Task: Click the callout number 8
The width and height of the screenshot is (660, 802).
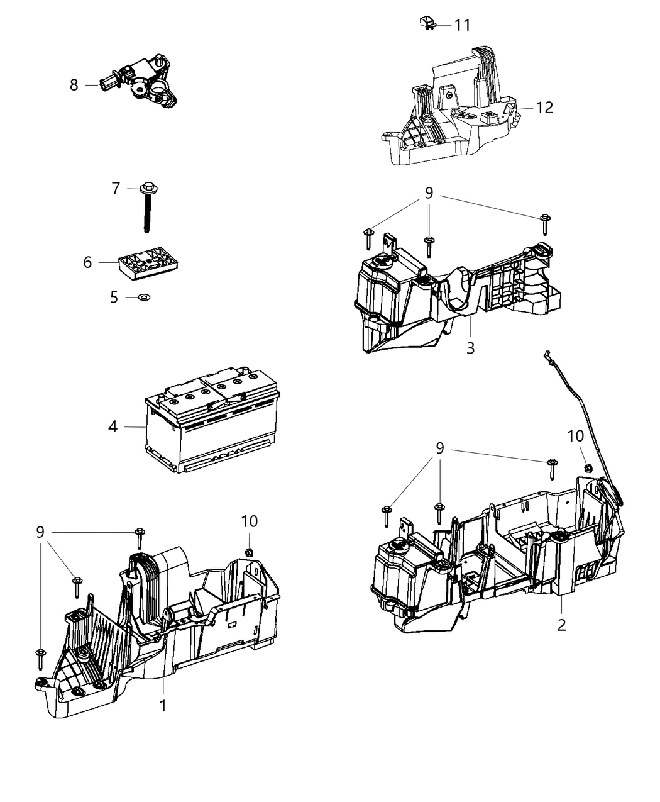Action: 74,85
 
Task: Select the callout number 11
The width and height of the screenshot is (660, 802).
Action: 462,25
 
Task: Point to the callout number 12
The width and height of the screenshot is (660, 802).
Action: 544,108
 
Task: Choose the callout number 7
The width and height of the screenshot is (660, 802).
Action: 116,188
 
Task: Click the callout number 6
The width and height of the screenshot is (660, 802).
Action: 87,262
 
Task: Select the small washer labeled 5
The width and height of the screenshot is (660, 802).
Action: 144,296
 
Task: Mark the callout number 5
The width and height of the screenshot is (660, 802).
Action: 114,297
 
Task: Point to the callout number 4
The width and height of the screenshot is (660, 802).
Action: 113,426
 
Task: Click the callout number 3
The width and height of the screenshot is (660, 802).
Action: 470,347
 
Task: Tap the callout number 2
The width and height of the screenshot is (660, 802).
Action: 561,625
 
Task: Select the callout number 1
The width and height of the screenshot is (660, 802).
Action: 163,706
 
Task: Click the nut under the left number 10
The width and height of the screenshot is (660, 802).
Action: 248,552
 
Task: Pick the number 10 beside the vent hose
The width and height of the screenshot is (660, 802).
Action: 575,436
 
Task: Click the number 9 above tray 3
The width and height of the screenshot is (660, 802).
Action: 429,193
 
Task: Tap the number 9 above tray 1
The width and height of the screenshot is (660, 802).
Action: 40,532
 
